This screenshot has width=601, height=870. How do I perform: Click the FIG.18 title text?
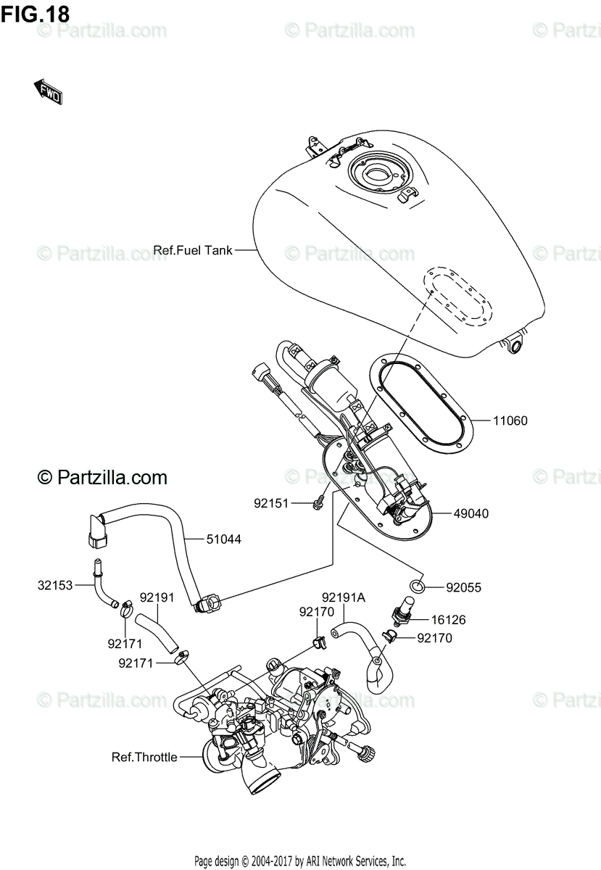[35, 12]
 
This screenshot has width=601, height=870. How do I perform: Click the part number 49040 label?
[471, 513]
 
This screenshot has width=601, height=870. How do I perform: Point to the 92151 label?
[271, 502]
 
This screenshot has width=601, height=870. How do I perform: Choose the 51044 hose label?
[223, 539]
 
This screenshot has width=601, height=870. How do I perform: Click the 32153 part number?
[55, 584]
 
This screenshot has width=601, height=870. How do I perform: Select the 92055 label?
[464, 587]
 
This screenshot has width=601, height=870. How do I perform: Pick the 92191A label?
[343, 597]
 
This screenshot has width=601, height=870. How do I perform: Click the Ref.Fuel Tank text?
[193, 251]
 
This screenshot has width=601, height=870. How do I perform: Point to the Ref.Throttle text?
[144, 757]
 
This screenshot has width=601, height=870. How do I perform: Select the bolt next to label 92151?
[318, 502]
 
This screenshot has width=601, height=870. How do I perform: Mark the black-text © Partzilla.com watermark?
[102, 477]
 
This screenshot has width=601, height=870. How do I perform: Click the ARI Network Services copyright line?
[299, 861]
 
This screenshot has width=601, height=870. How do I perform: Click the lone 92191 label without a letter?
[157, 597]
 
